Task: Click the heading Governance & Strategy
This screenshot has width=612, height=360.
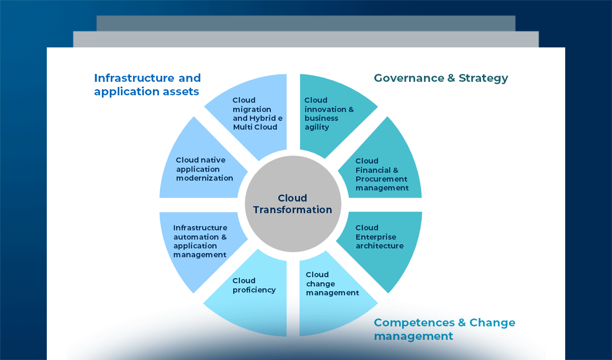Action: point(441,78)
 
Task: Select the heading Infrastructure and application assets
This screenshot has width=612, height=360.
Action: point(147,85)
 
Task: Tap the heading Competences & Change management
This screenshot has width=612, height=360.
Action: point(444,329)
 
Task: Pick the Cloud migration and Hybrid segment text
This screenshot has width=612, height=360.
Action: point(257,113)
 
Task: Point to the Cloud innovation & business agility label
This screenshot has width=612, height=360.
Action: point(329,113)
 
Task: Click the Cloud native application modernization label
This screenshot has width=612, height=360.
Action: point(204,169)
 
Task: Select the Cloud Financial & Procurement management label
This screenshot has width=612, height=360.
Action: point(382,174)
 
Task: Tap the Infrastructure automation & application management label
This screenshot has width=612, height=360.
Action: point(200,241)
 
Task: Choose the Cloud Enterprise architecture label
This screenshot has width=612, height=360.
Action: point(379,237)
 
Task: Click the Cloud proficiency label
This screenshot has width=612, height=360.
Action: point(254,285)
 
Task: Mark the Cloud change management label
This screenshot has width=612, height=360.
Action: point(332,283)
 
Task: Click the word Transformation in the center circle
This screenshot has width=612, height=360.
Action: point(292,210)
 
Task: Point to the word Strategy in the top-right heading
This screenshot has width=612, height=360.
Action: point(483,78)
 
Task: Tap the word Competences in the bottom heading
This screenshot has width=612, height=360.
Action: point(414,322)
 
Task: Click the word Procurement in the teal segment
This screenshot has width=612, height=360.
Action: point(381,179)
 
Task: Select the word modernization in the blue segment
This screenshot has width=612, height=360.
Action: point(205,178)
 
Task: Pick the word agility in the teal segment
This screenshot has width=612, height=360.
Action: point(317,127)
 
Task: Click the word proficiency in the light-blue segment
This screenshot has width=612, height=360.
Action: point(254,290)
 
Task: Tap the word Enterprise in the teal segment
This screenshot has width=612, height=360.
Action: point(376,237)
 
